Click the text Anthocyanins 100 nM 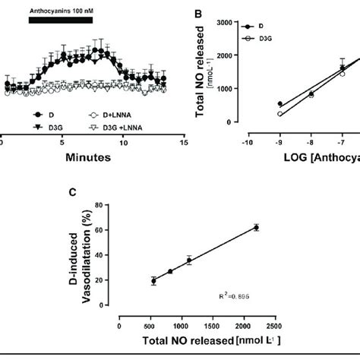60,11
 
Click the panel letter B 199,14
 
